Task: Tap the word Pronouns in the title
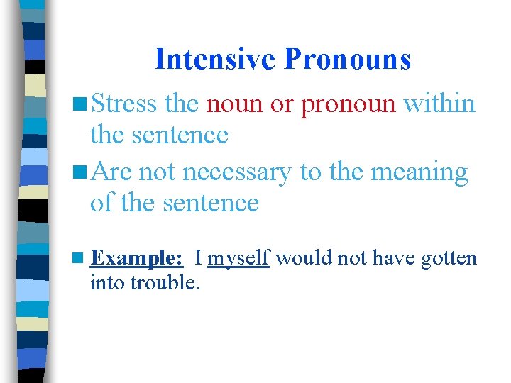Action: tap(347, 59)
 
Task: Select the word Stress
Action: tap(123, 104)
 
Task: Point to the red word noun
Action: tap(234, 104)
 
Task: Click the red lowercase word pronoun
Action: tap(348, 104)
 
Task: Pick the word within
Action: tap(439, 104)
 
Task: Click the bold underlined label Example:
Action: tap(138, 258)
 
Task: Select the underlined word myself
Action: tap(238, 258)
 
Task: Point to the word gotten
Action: tap(449, 258)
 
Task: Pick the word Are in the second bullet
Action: tap(111, 172)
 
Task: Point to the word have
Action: tap(393, 258)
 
